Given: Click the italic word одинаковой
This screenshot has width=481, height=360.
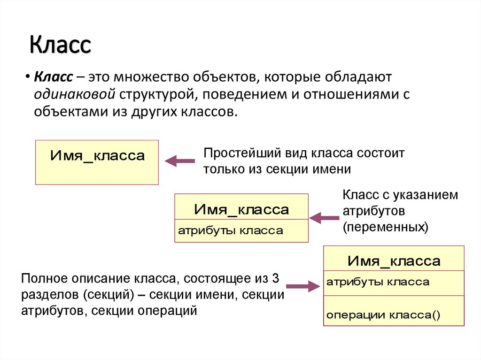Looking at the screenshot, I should [75, 94].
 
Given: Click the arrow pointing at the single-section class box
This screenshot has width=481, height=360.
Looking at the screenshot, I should [179, 161].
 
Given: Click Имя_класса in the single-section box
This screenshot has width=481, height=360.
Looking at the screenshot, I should [97, 156].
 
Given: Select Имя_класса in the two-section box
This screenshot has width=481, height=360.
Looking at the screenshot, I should [241, 209].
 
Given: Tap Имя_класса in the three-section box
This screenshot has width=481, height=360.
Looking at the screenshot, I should [394, 261].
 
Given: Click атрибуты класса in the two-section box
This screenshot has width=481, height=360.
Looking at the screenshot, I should [230, 230].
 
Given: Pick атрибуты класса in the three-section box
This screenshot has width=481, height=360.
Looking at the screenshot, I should [378, 282].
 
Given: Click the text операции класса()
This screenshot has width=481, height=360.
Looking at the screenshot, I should [383, 315].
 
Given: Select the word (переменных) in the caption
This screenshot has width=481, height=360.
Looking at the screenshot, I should [385, 227].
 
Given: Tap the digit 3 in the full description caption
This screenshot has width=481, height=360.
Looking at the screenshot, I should [276, 279].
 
